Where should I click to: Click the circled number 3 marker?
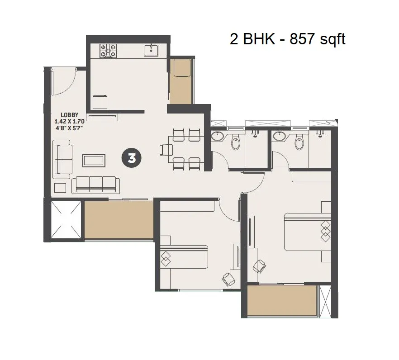[132, 158]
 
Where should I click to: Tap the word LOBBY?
[70, 115]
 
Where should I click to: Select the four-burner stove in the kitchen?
[108, 50]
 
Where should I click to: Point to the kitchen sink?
[151, 50]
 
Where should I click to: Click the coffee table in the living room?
[94, 161]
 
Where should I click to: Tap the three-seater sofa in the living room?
[96, 185]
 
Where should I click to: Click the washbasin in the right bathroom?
[280, 136]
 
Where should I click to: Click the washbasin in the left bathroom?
[218, 136]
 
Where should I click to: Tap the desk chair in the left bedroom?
[228, 279]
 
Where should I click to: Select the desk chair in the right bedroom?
[259, 266]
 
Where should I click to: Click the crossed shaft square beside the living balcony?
[66, 220]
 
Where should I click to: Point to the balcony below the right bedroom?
[282, 300]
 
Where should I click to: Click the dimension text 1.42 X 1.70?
[70, 121]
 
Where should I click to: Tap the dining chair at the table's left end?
[166, 150]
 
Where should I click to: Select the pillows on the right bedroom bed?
[326, 231]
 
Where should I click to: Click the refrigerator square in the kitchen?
[100, 102]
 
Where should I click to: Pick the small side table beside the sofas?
[60, 188]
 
